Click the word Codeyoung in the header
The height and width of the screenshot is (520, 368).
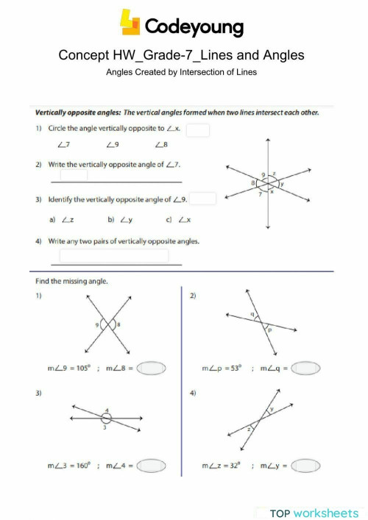coord(195,27)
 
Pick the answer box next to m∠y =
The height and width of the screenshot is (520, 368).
coord(307,465)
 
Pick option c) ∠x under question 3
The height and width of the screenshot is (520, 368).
coord(175,219)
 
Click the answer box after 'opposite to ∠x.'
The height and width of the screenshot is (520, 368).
coord(199,130)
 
